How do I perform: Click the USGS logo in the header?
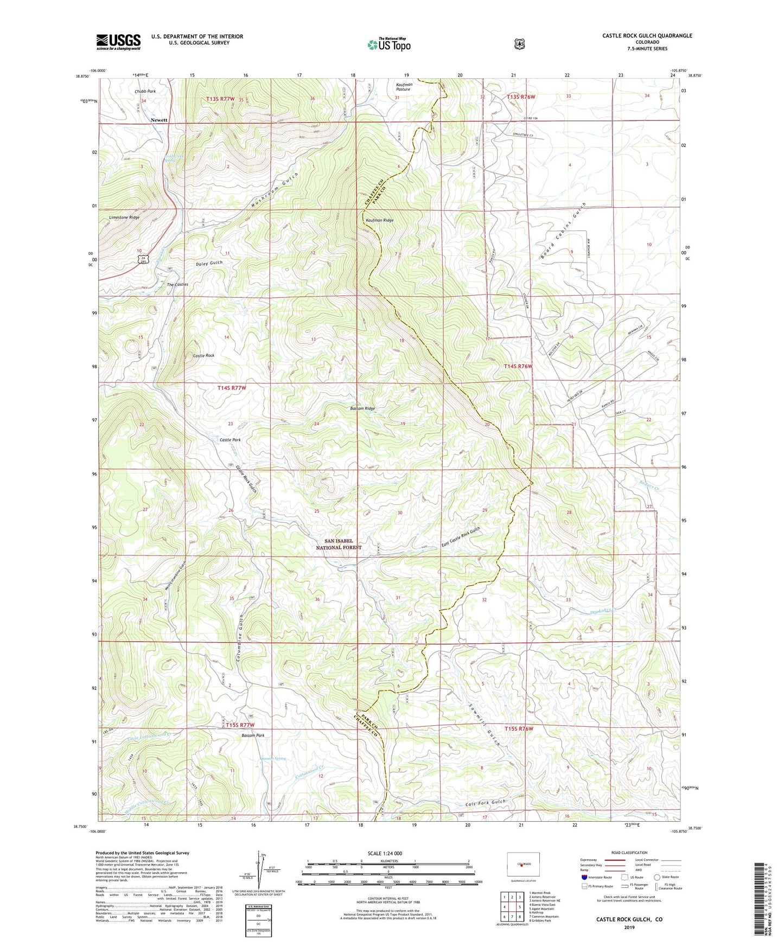click(x=118, y=41)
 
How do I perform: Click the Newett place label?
click(x=159, y=120)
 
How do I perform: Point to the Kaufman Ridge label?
click(x=380, y=221)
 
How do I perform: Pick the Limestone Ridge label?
click(x=124, y=217)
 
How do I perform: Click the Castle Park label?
click(x=230, y=440)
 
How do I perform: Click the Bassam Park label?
click(x=253, y=735)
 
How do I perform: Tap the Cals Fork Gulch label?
click(x=485, y=802)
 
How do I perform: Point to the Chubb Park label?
click(x=145, y=91)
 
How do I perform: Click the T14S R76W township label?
click(x=518, y=366)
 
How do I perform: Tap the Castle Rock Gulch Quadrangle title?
click(x=647, y=36)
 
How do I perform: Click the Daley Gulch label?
click(x=209, y=263)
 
